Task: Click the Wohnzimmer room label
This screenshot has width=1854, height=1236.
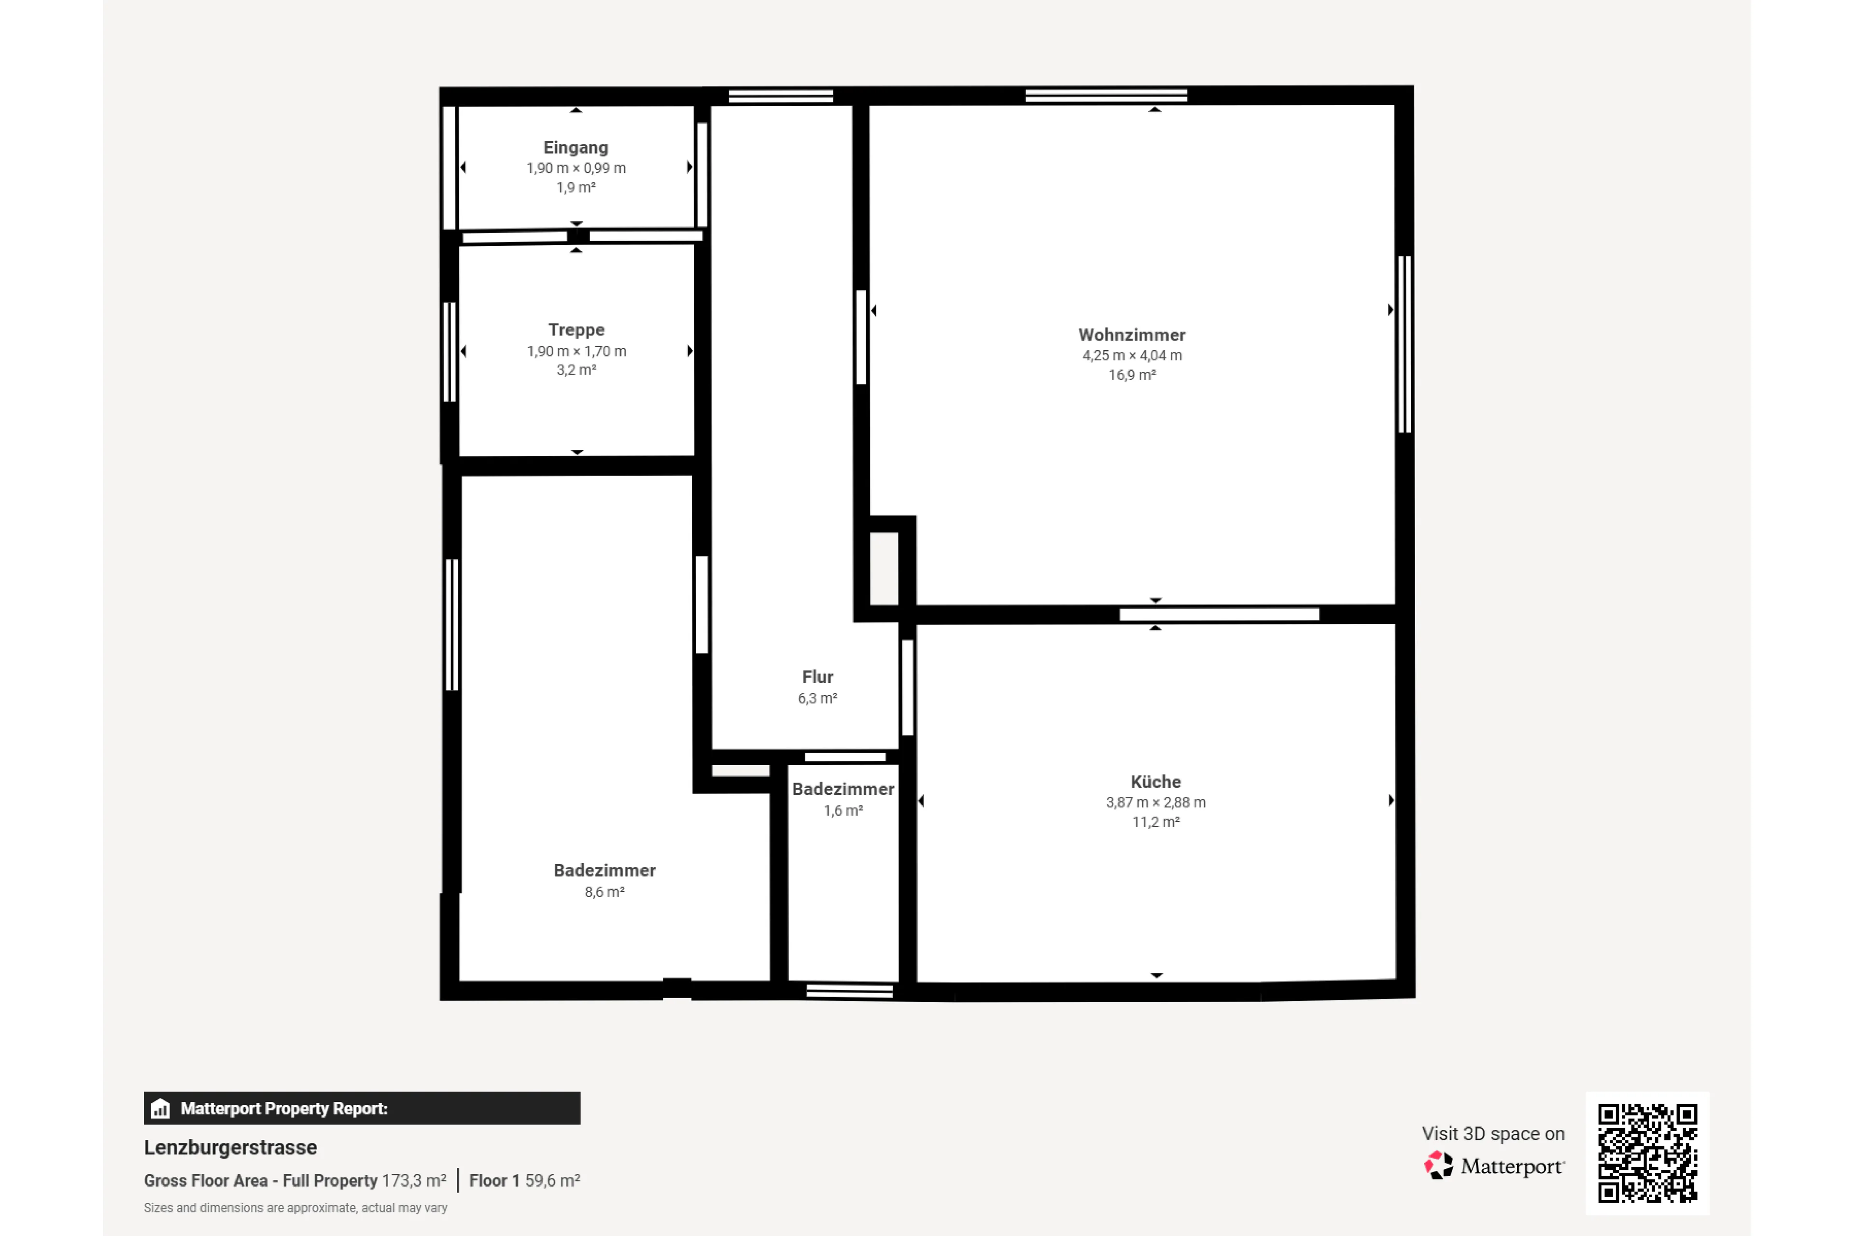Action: [x=1132, y=335]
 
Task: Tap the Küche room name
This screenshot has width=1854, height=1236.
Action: [x=1155, y=782]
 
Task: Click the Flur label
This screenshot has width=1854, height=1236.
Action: [x=817, y=677]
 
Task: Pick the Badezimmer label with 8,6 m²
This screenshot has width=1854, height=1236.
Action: [x=604, y=870]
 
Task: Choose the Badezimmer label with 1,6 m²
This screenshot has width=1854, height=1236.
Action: [x=843, y=789]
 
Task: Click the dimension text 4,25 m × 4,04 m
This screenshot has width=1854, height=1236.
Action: [x=1132, y=355]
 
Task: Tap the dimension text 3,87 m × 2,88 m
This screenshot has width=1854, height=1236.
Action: [x=1155, y=802]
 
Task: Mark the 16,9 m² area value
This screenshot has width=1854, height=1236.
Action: [x=1132, y=375]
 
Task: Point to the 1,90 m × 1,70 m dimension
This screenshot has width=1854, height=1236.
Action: [x=576, y=351]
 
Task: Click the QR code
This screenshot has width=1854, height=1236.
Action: [x=1647, y=1152]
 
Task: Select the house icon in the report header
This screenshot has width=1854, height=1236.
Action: [x=160, y=1109]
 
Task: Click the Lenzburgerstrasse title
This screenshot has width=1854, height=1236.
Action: [x=230, y=1148]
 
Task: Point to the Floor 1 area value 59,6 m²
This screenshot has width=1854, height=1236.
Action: [x=552, y=1181]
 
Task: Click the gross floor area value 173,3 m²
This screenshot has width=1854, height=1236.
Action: [x=414, y=1181]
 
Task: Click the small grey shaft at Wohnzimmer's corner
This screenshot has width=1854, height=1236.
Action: [x=884, y=568]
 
